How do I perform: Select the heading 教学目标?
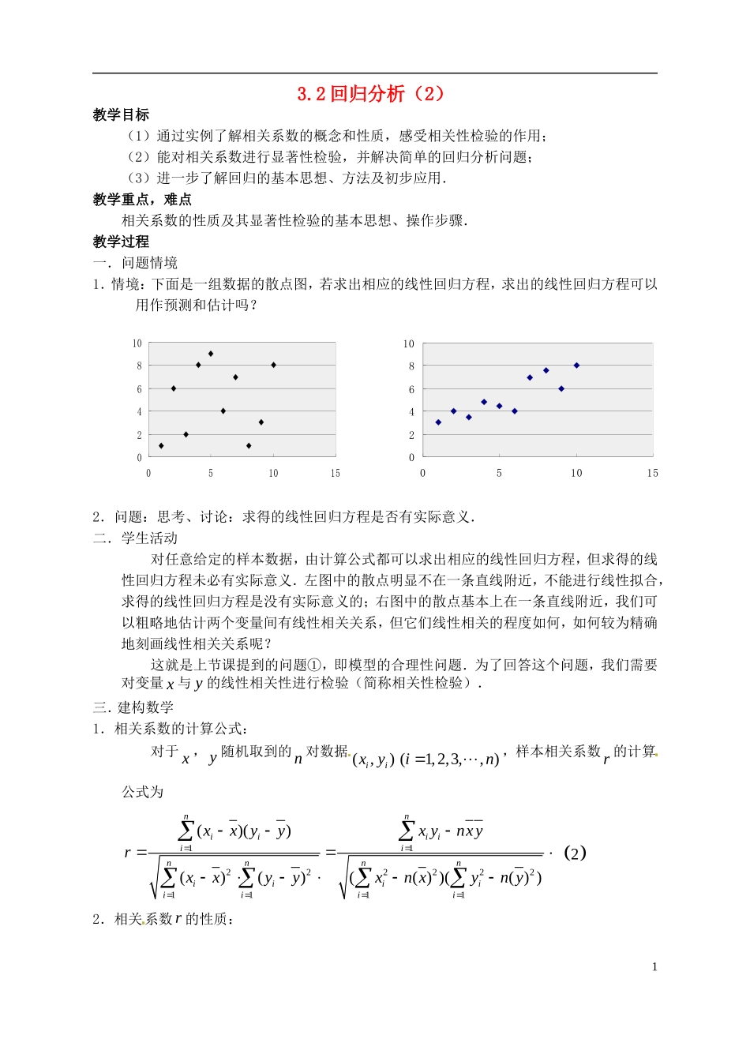(x=121, y=115)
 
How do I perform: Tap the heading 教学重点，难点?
(x=142, y=200)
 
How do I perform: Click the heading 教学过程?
(x=121, y=242)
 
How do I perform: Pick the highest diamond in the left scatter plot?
(x=211, y=354)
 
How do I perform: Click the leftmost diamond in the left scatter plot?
(x=161, y=446)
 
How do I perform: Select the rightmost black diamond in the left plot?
(x=273, y=365)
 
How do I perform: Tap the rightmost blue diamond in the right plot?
(x=576, y=365)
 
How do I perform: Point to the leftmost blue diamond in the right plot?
(x=438, y=422)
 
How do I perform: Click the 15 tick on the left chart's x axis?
(x=335, y=474)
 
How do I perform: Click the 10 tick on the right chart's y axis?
(x=408, y=343)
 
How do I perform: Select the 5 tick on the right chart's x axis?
(x=499, y=474)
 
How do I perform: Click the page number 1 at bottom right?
(x=654, y=967)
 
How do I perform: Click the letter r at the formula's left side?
(x=128, y=853)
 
